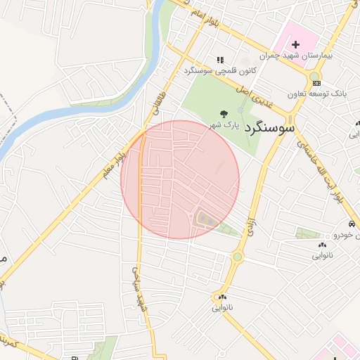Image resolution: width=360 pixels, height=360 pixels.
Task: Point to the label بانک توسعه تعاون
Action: tap(317, 94)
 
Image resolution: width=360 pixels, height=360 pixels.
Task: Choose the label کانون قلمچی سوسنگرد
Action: tap(218, 71)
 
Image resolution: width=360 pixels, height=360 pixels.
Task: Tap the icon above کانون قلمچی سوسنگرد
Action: tap(219, 60)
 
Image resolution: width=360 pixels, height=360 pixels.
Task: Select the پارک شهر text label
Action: tap(223, 125)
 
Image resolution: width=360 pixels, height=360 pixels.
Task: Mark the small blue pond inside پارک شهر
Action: tap(241, 110)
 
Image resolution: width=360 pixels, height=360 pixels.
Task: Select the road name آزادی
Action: tap(248, 225)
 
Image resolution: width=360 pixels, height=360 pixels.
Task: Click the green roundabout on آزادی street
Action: tap(238, 257)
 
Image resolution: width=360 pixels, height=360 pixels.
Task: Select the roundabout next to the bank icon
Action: tap(314, 77)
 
